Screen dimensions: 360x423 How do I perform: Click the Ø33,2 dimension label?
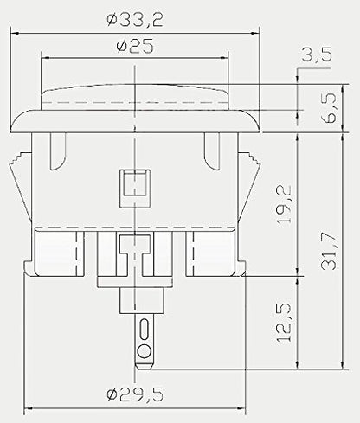(135, 20)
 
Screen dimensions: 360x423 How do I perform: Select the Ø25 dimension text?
(135, 47)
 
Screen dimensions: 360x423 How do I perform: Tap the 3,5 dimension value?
(317, 54)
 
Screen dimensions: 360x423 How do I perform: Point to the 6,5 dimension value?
(329, 107)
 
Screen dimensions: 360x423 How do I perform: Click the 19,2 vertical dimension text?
(284, 204)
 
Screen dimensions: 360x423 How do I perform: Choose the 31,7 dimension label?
(329, 251)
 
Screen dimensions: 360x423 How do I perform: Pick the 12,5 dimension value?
(284, 323)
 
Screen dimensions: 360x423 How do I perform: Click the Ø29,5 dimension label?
(135, 394)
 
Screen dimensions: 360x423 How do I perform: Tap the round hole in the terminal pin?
(145, 351)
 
